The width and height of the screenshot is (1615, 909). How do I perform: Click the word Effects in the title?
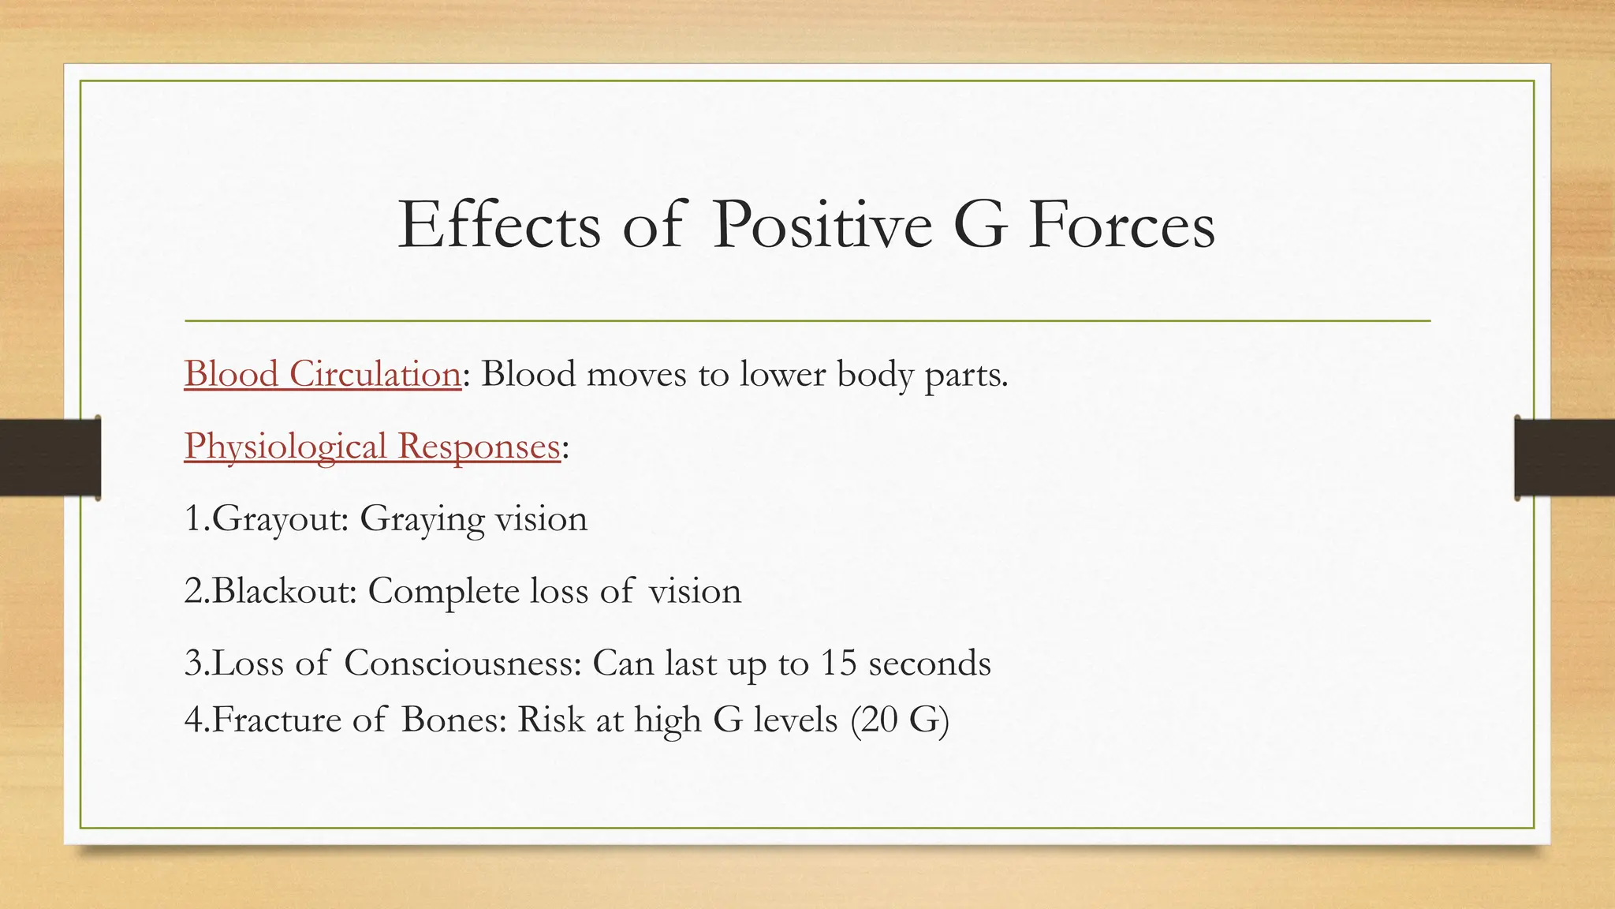click(x=498, y=226)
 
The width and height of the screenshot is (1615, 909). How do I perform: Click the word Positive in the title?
click(x=822, y=226)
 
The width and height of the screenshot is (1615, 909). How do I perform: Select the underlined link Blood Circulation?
click(x=323, y=374)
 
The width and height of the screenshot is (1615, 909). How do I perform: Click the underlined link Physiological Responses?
click(x=371, y=447)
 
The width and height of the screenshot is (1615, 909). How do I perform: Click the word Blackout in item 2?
click(x=285, y=591)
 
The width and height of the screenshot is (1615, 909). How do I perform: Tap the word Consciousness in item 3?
click(x=462, y=663)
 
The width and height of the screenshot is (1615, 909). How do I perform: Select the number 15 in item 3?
click(x=837, y=663)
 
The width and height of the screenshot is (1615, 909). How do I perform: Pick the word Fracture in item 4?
click(x=276, y=720)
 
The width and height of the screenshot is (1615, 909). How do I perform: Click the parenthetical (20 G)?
click(x=900, y=720)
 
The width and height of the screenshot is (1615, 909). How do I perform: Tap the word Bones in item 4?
click(x=453, y=720)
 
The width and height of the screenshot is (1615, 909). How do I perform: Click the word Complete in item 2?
click(x=442, y=591)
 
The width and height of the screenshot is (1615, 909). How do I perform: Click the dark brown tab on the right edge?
click(x=1565, y=458)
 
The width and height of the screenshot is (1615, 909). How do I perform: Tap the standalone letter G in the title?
click(x=979, y=226)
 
